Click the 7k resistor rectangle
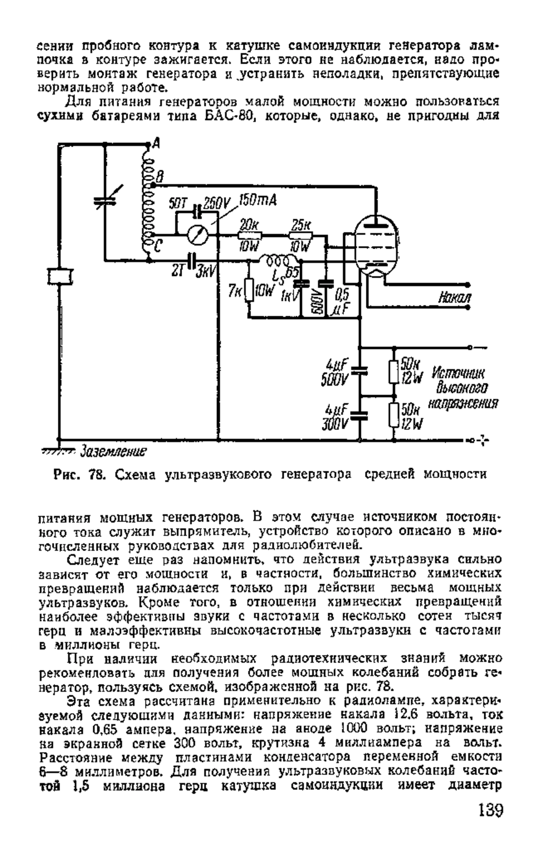click(x=250, y=290)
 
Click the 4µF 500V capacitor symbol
click(x=359, y=370)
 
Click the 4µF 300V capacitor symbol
click(x=359, y=415)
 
